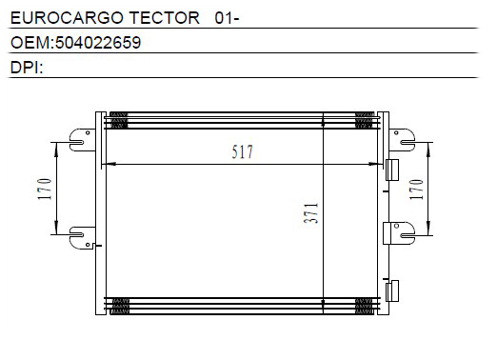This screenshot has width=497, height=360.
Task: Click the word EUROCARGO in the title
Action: coord(67,17)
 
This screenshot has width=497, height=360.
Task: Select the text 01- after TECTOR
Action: coord(227,18)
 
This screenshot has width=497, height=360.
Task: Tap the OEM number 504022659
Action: coord(98,43)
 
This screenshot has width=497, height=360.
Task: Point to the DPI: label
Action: coord(27,68)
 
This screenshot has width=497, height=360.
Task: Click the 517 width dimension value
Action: coord(242,151)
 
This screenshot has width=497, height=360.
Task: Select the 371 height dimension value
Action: coord(310,213)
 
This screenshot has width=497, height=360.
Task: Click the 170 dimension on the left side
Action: coord(45,190)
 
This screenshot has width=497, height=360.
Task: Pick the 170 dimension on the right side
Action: coord(416,190)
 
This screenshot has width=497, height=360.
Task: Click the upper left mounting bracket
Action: coord(82,140)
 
